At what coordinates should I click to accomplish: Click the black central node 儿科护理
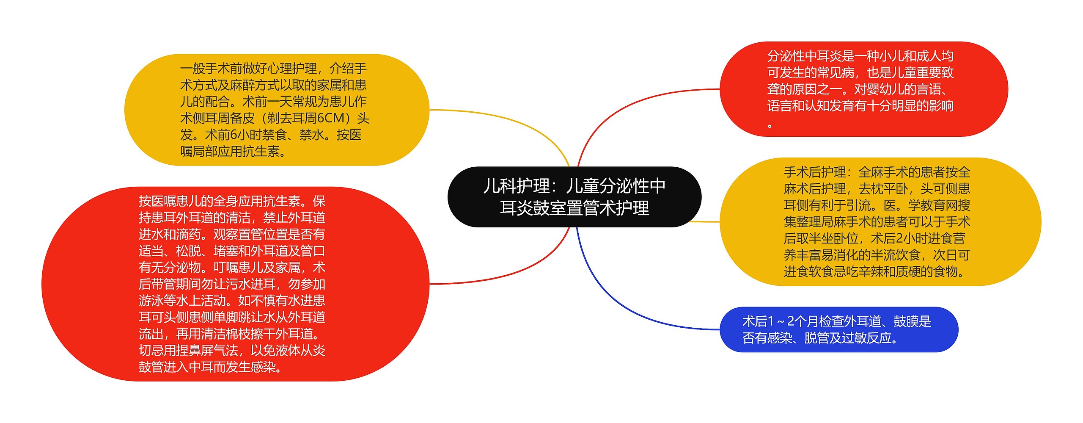574,197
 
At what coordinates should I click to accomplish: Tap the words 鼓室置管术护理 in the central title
574,208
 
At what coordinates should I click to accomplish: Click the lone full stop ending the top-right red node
770,126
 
